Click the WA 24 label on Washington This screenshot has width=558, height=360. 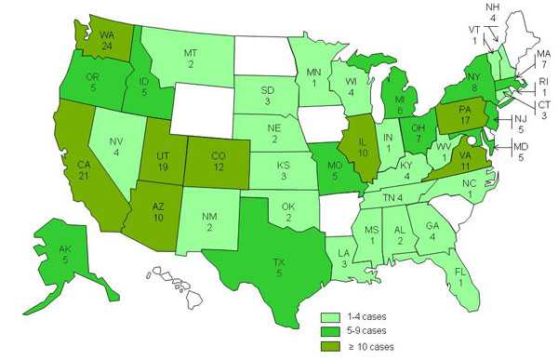106,41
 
